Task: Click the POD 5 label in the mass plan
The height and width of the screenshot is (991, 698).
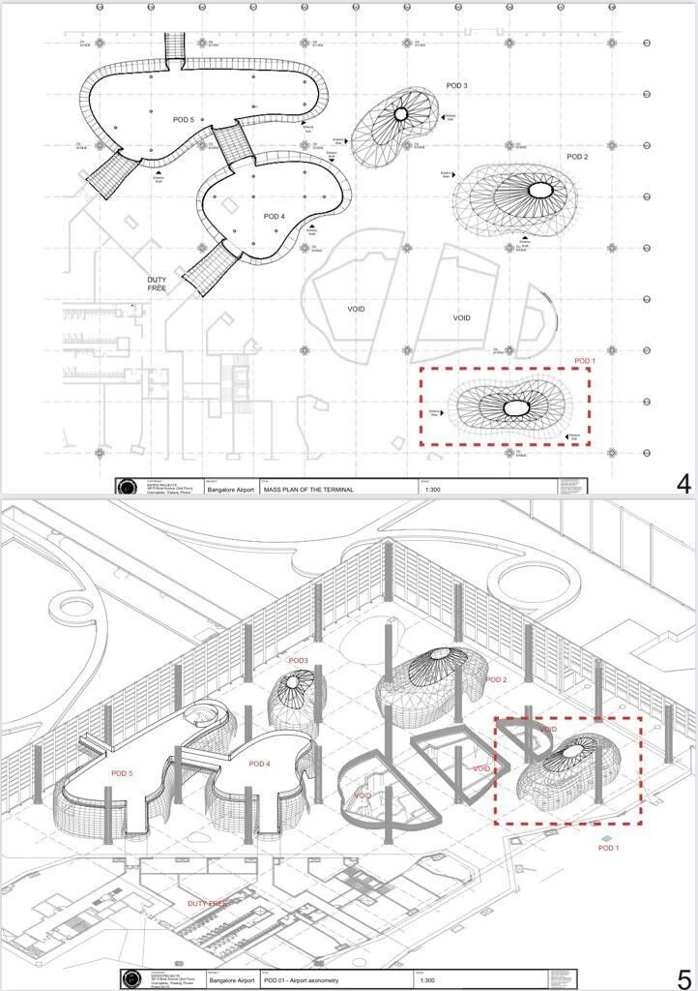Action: pos(184,120)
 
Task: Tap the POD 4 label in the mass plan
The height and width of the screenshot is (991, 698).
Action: pos(274,217)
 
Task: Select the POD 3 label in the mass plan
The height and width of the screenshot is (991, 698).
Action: pos(457,86)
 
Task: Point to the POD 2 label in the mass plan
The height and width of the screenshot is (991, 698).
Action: pos(577,157)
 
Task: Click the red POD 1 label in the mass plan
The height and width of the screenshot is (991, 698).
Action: pos(585,361)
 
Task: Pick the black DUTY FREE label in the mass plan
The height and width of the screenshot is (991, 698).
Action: pos(158,284)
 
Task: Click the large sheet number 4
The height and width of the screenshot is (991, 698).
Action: pos(683,484)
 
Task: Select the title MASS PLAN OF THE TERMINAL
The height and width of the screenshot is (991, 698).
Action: pos(309,490)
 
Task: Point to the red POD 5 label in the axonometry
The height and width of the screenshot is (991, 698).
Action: pos(121,773)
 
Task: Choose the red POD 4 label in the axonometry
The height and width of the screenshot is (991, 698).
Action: pos(259,765)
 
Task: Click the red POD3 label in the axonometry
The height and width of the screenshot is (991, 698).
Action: pos(298,661)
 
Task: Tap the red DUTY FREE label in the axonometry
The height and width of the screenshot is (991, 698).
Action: pos(207,903)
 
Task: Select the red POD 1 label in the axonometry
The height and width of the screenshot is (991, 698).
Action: pos(608,848)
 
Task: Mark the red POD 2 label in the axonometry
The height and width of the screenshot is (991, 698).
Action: pos(496,680)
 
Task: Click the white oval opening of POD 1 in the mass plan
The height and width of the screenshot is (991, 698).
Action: pos(517,409)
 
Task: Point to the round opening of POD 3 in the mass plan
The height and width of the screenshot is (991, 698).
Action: pos(401,114)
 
